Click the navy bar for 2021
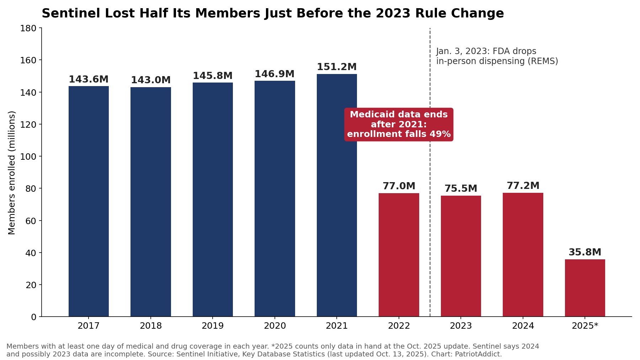coord(337,195)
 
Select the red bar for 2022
coord(399,255)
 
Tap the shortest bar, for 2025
coord(585,288)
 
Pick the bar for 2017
coord(89,201)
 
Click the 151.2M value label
coord(337,67)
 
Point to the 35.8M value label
coord(585,252)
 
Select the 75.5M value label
coord(461,189)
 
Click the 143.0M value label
coord(151,80)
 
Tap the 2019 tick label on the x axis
coord(213,326)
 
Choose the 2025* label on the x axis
coord(585,326)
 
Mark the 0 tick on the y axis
coord(34,317)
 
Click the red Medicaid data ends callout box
coord(399,125)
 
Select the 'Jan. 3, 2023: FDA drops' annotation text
coord(486,51)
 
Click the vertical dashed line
coord(430,172)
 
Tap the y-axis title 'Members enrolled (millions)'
coord(12,173)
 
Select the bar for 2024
coord(523,255)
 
